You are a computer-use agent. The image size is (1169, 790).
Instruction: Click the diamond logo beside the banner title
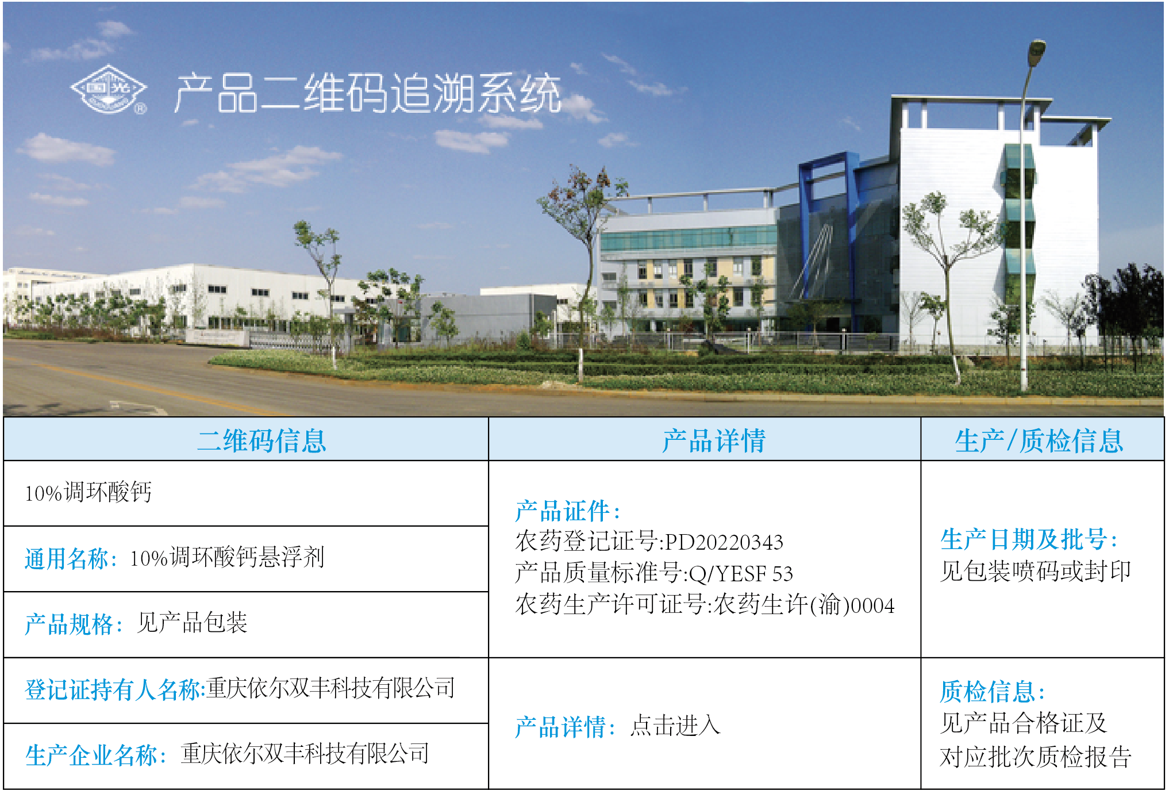tap(108, 89)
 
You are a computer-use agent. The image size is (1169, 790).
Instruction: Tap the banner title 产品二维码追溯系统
tap(368, 93)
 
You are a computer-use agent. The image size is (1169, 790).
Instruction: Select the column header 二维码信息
tap(262, 441)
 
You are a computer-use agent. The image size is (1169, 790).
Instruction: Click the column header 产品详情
tap(714, 441)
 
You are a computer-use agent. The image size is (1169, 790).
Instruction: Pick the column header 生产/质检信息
tap(1039, 441)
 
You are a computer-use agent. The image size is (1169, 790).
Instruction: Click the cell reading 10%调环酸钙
tap(88, 493)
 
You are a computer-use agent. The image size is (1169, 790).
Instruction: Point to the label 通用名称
tap(67, 558)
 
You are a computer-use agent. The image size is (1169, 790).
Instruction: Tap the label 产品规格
tap(69, 624)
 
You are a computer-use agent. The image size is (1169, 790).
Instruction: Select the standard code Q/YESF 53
tap(741, 573)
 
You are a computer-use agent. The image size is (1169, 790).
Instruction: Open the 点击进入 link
tap(675, 726)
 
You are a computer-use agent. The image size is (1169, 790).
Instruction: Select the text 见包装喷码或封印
tap(1036, 571)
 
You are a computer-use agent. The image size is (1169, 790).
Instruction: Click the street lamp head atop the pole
tap(1036, 48)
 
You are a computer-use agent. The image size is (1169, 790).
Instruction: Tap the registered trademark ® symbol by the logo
tap(140, 108)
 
